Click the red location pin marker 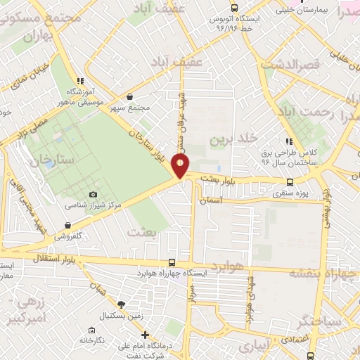coord(181,166)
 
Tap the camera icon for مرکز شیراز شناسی coord(93,194)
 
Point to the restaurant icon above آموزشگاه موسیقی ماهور coord(82,81)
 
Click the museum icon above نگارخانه coord(91,330)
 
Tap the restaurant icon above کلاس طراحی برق coord(289,141)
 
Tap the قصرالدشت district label coord(291,64)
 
